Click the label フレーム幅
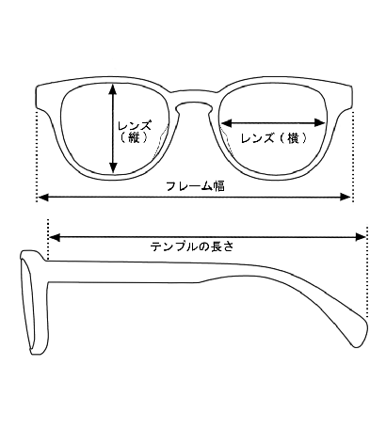[x=195, y=186]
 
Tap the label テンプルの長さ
[x=192, y=246]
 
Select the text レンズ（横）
[x=274, y=138]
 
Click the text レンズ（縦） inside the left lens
[x=135, y=132]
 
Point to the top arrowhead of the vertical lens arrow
[x=113, y=89]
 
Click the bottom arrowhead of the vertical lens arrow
[x=113, y=167]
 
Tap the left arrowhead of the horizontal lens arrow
[x=227, y=123]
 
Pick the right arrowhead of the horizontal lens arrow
[x=319, y=123]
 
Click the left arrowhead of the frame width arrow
[x=43, y=198]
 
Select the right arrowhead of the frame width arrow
[x=346, y=198]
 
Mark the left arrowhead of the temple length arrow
[x=55, y=237]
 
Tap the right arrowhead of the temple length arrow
[x=361, y=237]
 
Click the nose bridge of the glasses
[x=194, y=98]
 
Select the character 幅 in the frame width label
[x=219, y=186]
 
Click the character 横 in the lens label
[x=293, y=138]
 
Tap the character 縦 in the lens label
[x=134, y=138]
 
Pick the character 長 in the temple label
[x=216, y=246]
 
